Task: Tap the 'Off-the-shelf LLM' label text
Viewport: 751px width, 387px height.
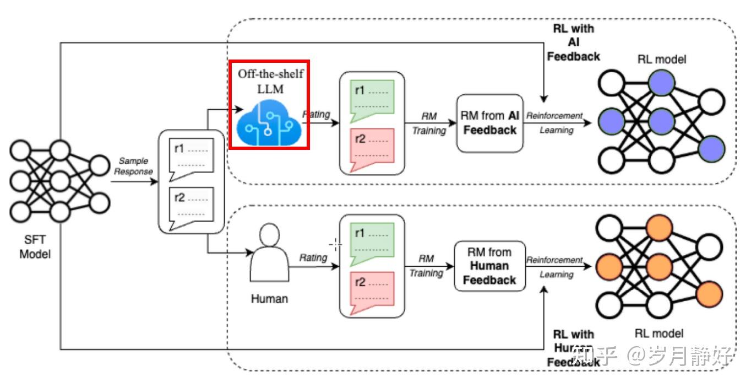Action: (270, 81)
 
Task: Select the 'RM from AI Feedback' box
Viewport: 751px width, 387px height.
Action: (489, 123)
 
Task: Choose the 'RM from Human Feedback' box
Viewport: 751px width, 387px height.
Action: (489, 266)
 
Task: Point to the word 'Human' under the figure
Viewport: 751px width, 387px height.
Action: (269, 299)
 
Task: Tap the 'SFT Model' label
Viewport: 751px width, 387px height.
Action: (35, 247)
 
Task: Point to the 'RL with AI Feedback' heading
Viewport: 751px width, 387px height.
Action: (573, 42)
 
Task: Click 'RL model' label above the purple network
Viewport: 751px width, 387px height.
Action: (661, 59)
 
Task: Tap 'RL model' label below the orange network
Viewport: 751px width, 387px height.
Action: (659, 333)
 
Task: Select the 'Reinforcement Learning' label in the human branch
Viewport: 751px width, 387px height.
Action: (554, 267)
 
